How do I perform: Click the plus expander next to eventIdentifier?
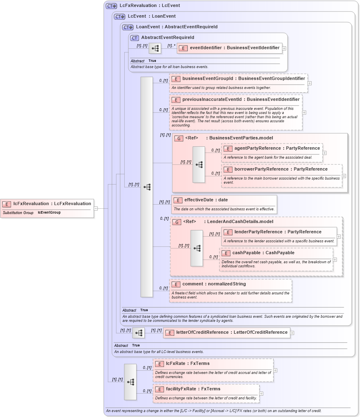tap(284, 48)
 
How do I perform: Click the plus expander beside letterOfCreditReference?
tap(292, 333)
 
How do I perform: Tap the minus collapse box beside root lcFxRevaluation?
tap(96, 208)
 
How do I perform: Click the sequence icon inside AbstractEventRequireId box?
tap(155, 48)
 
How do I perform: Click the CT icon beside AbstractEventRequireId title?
tap(134, 38)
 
